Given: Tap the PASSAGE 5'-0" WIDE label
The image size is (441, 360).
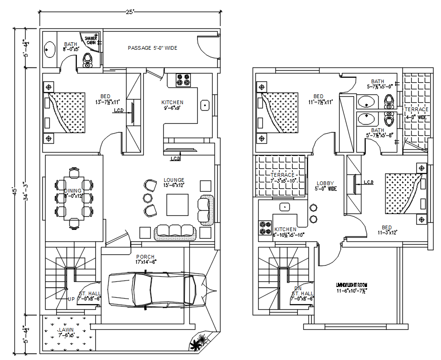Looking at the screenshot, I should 152,48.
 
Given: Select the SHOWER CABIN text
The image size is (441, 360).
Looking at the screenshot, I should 90,40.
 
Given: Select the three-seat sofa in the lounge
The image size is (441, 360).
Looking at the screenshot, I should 174,231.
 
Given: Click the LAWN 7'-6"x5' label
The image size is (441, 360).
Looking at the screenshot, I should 66,332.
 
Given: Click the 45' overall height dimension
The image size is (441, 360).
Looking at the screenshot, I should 15,192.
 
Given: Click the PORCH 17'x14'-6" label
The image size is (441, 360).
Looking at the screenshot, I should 146,259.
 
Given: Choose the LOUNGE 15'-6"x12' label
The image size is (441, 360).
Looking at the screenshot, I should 174,182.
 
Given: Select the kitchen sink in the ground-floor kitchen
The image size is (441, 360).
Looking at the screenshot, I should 205,106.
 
